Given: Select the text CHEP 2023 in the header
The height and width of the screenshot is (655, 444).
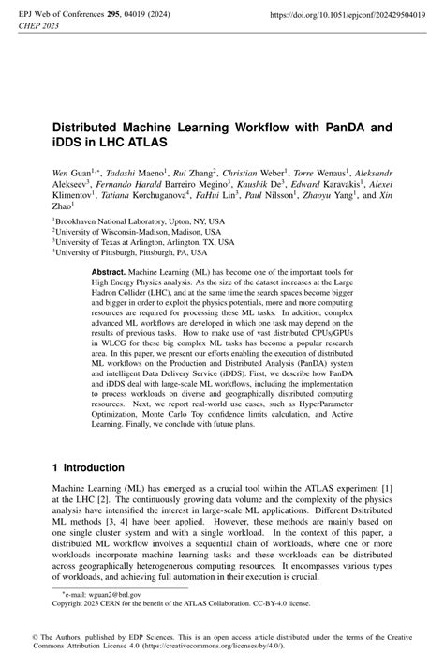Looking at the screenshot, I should coord(38,27).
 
